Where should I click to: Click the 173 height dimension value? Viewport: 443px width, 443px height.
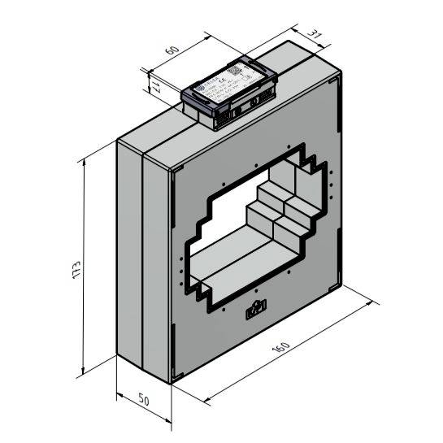coord(75,271)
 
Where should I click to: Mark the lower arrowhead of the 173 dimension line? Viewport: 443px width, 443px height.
coord(85,375)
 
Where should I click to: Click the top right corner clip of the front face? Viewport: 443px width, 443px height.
coord(333,81)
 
